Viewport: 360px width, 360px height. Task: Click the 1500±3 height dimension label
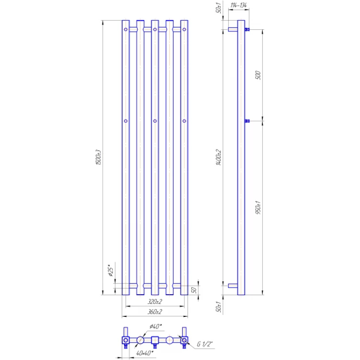98,157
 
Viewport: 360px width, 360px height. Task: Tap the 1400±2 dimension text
219,157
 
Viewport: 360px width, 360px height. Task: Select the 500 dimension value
258,75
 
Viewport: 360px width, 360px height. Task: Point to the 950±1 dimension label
258,207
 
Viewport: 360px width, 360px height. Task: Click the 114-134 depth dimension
238,5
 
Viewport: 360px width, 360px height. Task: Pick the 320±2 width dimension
155,301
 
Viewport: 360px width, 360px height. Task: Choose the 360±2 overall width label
155,311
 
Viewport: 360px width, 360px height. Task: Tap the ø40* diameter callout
156,326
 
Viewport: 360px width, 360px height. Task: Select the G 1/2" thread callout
205,344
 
